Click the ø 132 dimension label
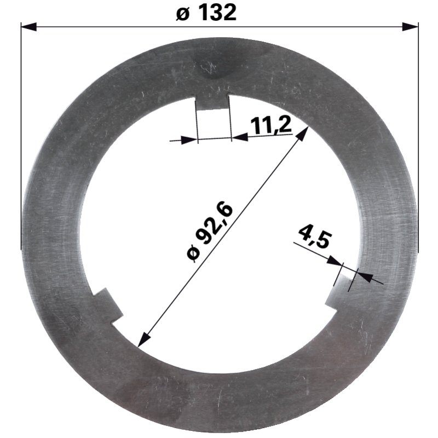click(206, 13)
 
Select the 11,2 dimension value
click(270, 125)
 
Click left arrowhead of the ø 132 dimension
click(28, 26)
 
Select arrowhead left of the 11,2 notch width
click(189, 140)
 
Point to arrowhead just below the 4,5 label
click(334, 263)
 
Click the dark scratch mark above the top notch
click(208, 68)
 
